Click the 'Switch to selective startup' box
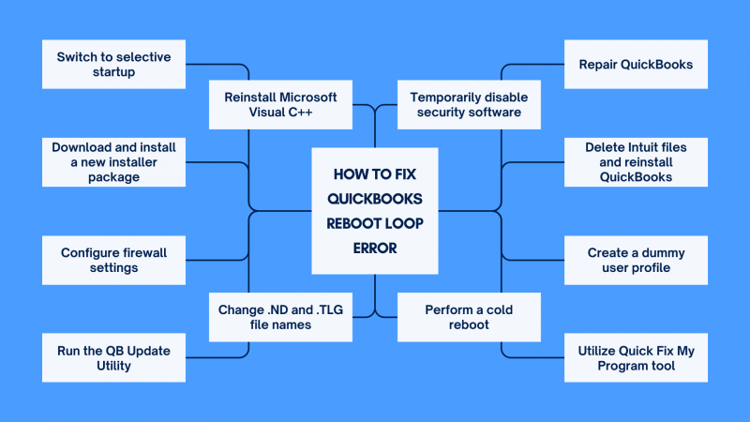113,65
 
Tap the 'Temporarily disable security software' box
471,104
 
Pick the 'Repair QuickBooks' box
635,65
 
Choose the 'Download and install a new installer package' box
113,162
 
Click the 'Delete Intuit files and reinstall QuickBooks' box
635,162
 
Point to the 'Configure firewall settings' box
113,260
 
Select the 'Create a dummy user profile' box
635,260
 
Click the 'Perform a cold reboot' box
469,317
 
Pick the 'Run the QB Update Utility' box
113,357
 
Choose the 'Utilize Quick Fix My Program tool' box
635,357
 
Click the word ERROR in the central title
374,249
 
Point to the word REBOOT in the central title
351,224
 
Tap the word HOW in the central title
352,173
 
